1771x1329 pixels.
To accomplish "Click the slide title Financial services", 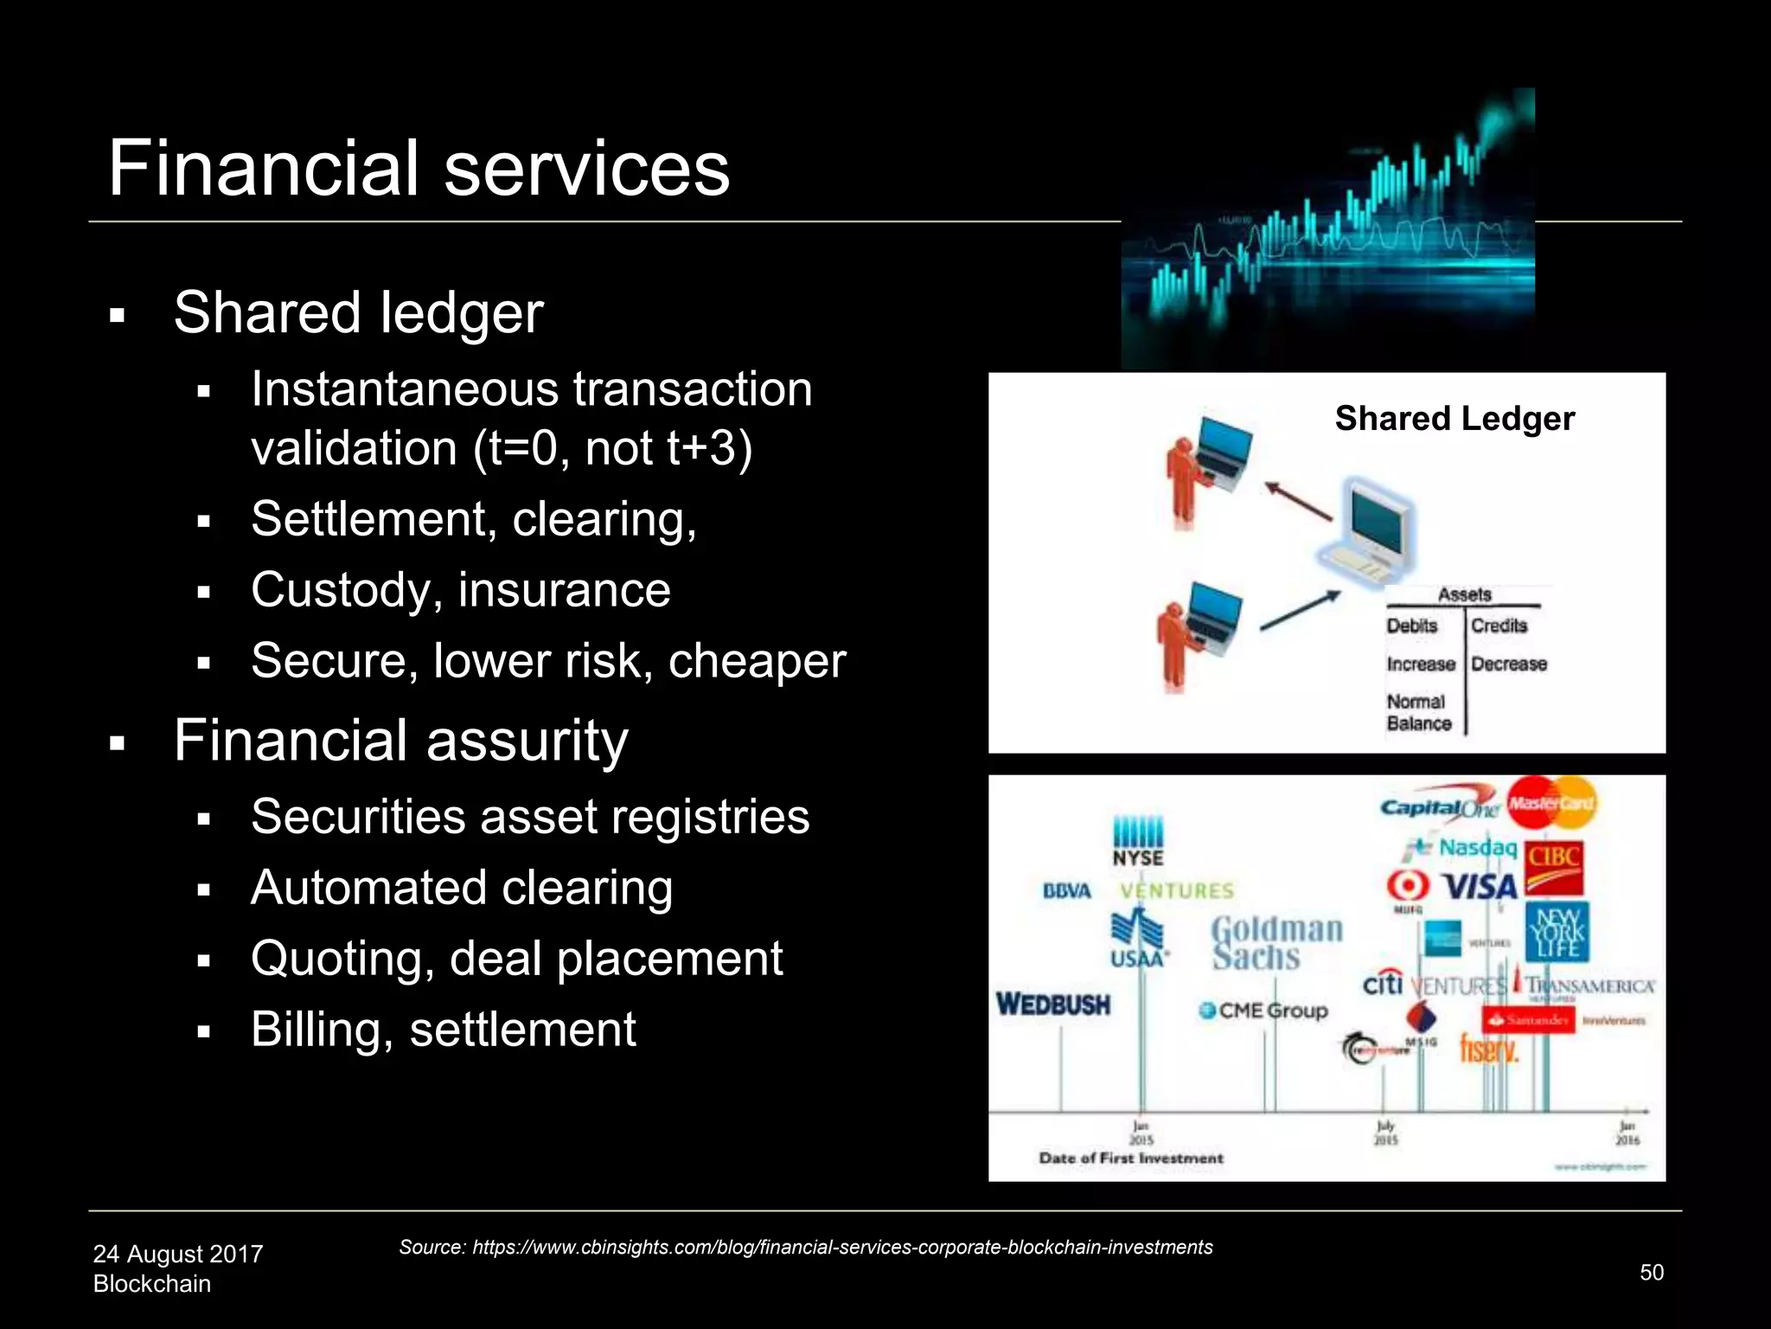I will pyautogui.click(x=419, y=168).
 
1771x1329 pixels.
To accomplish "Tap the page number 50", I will pyautogui.click(x=1652, y=1272).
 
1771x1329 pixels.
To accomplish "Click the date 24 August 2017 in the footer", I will pyautogui.click(x=178, y=1254).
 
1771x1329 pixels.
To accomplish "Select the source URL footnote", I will pyautogui.click(x=805, y=1247).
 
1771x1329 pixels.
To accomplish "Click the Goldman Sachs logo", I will pyautogui.click(x=1276, y=943).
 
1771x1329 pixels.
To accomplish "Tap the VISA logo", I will pyautogui.click(x=1480, y=887).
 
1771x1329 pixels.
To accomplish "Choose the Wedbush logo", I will pyautogui.click(x=1053, y=1005).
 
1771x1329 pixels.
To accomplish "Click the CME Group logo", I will pyautogui.click(x=1263, y=1011).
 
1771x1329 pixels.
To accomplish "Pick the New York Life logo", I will pyautogui.click(x=1557, y=932).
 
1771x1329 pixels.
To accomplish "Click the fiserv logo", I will pyautogui.click(x=1489, y=1050).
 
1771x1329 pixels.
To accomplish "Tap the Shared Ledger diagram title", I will pyautogui.click(x=1455, y=419).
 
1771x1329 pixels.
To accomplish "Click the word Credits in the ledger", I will pyautogui.click(x=1499, y=626).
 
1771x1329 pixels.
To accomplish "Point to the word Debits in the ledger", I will pyautogui.click(x=1412, y=626).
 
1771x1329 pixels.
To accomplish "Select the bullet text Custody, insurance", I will pyautogui.click(x=461, y=590).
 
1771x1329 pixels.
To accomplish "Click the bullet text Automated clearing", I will pyautogui.click(x=462, y=888).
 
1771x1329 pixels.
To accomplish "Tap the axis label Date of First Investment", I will pyautogui.click(x=1131, y=1159).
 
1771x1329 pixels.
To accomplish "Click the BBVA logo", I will pyautogui.click(x=1067, y=891).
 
